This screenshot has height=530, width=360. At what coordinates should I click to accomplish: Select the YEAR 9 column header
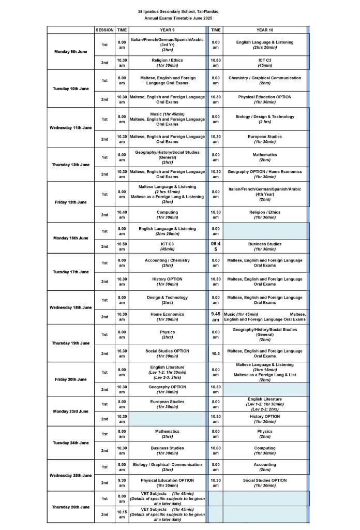pyautogui.click(x=167, y=30)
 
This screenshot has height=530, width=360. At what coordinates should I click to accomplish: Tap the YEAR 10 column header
pyautogui.click(x=265, y=30)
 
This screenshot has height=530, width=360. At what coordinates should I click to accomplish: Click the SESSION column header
pyautogui.click(x=104, y=30)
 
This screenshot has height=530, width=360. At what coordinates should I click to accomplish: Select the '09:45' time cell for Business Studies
pyautogui.click(x=216, y=246)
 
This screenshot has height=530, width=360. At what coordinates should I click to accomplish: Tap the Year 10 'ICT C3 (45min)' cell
pyautogui.click(x=265, y=63)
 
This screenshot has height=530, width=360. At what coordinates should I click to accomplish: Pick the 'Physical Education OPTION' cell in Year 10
pyautogui.click(x=265, y=99)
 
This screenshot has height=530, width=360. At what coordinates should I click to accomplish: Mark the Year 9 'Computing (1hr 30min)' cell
pyautogui.click(x=167, y=214)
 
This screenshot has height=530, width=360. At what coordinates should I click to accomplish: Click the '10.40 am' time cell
pyautogui.click(x=122, y=214)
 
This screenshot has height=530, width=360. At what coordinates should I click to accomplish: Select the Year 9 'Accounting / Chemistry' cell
pyautogui.click(x=167, y=263)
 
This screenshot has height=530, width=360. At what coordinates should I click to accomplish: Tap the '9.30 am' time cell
pyautogui.click(x=122, y=482)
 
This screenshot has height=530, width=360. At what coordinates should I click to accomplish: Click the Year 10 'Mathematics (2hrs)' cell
pyautogui.click(x=265, y=157)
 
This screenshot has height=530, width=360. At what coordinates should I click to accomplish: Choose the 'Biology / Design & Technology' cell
pyautogui.click(x=265, y=119)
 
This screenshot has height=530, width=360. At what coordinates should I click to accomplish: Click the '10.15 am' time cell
pyautogui.click(x=122, y=514)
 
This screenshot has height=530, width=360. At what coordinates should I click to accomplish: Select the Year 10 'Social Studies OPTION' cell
pyautogui.click(x=265, y=482)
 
